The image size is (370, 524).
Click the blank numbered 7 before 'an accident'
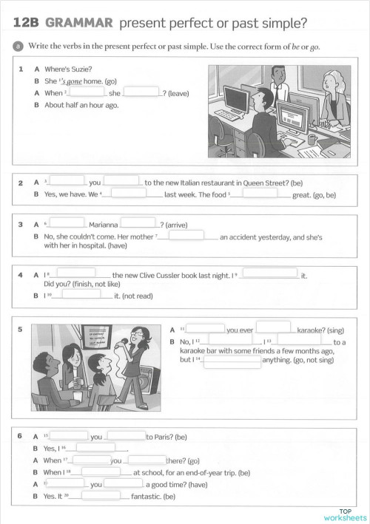point(186,237)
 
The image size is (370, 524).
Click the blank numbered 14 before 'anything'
point(232,362)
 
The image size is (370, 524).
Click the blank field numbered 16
point(95,448)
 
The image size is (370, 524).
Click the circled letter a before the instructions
point(18,46)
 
